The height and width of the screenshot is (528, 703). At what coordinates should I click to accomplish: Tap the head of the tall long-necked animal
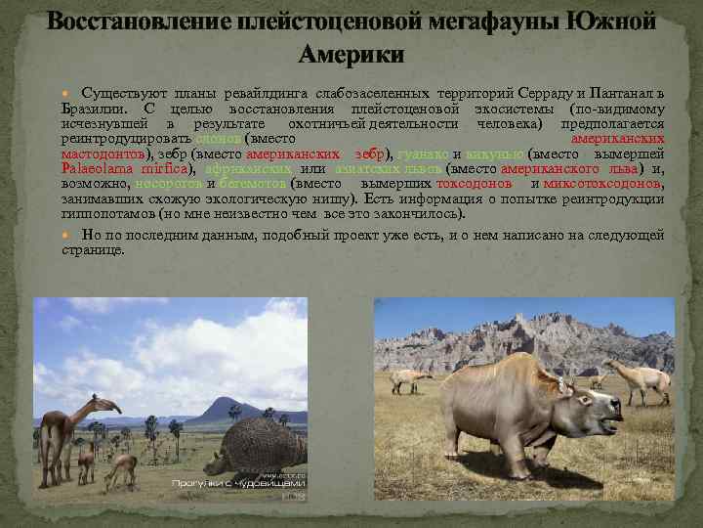113,406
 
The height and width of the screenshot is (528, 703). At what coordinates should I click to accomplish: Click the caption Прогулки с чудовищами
238,482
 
